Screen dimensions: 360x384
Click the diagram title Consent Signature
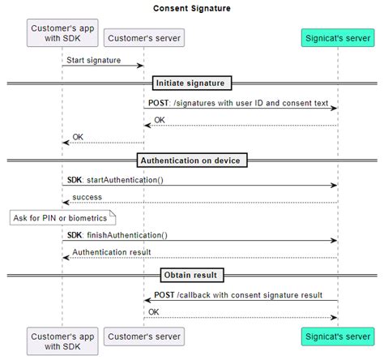pos(191,9)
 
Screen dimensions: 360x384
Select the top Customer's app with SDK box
pos(62,36)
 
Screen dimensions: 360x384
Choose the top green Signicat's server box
pos(337,37)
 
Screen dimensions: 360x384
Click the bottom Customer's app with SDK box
pos(62,341)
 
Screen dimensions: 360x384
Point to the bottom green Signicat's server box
pos(337,336)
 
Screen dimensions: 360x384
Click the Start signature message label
pos(94,60)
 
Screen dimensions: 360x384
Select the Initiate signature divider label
pos(192,83)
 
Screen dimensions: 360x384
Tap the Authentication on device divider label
pos(191,161)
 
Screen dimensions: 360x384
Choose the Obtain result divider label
pos(192,275)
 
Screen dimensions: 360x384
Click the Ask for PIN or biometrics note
pos(62,217)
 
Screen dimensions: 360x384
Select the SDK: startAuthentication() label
pos(115,180)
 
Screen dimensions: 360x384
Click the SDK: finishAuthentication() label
pos(117,235)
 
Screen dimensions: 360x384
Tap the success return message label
pos(87,197)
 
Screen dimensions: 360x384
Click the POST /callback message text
pos(239,294)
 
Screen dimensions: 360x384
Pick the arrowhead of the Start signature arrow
pos(141,66)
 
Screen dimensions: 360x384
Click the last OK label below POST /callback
pos(154,311)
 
